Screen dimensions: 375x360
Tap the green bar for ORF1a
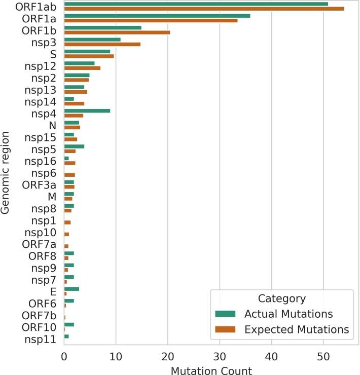click(157, 16)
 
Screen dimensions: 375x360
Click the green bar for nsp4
click(87, 110)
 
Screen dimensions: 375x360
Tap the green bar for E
click(71, 289)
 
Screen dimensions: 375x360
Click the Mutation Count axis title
click(211, 369)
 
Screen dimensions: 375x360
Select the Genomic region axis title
click(6, 172)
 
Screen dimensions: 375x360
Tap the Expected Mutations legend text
click(297, 329)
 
